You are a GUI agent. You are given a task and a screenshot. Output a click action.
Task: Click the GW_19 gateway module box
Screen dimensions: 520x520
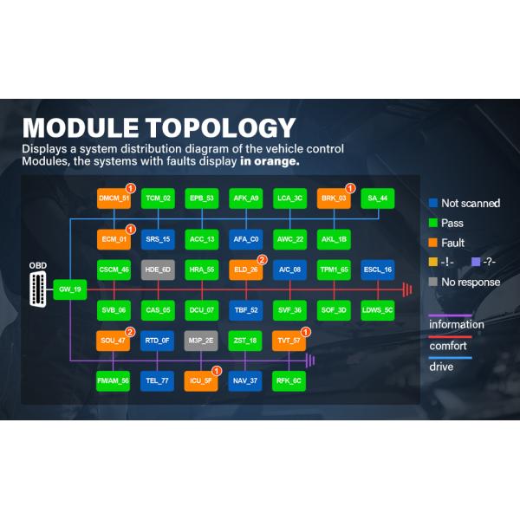[69, 289]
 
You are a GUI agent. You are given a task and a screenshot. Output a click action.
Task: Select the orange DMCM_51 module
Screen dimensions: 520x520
[114, 198]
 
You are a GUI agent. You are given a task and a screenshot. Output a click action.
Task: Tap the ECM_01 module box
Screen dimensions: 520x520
[114, 239]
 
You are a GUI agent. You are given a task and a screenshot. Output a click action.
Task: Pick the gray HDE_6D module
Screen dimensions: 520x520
[158, 270]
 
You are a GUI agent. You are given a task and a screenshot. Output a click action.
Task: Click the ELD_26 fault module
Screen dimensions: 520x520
[246, 270]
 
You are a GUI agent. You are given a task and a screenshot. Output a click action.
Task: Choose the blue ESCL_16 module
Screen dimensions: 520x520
[378, 270]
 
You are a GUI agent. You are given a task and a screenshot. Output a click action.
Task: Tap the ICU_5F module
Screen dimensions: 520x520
[202, 380]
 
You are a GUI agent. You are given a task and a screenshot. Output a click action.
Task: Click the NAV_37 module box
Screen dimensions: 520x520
[246, 380]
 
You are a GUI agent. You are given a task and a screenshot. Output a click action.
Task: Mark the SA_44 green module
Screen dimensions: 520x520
[378, 198]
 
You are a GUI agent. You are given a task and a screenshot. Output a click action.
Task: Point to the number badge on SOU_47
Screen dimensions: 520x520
[131, 332]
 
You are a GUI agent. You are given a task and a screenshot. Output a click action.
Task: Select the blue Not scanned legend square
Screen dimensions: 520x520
[433, 203]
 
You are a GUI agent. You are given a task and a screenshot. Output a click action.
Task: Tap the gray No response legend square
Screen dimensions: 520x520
[433, 282]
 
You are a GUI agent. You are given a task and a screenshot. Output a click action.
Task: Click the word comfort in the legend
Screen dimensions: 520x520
[448, 346]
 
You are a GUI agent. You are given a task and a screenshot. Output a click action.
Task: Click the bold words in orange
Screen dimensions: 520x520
[271, 161]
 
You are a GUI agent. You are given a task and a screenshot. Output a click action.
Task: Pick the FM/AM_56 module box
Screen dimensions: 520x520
[114, 380]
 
